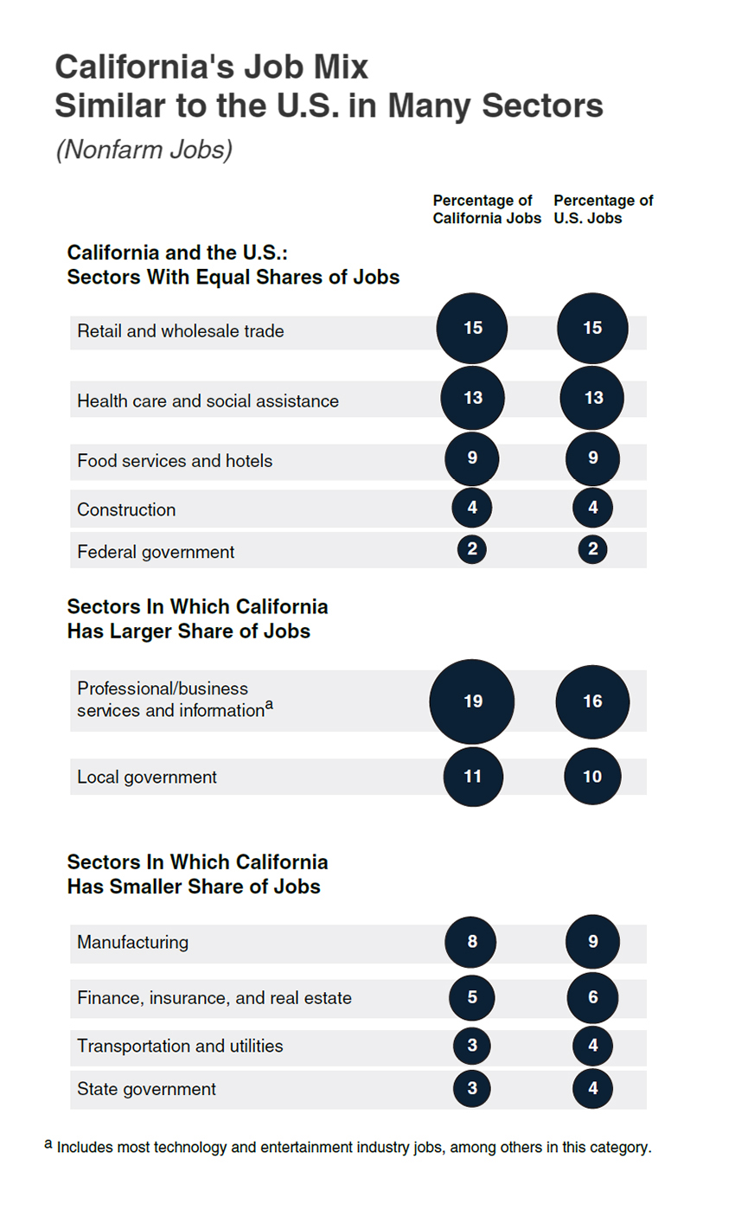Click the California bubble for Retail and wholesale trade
(x=471, y=329)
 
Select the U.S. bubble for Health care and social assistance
(x=592, y=398)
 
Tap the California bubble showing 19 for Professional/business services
(x=472, y=701)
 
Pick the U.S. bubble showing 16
(x=592, y=701)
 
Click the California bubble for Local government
(x=472, y=777)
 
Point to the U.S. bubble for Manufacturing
(x=592, y=941)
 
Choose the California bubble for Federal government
(x=472, y=549)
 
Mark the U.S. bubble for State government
(x=592, y=1088)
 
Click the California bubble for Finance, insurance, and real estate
(x=472, y=997)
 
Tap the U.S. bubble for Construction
(x=592, y=508)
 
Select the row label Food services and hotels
(x=175, y=461)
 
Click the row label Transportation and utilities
(x=180, y=1046)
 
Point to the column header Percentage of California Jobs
(x=487, y=209)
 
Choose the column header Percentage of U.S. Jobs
(x=603, y=209)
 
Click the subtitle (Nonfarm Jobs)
(x=144, y=150)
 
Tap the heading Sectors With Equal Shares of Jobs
(x=233, y=278)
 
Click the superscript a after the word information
(x=269, y=705)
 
